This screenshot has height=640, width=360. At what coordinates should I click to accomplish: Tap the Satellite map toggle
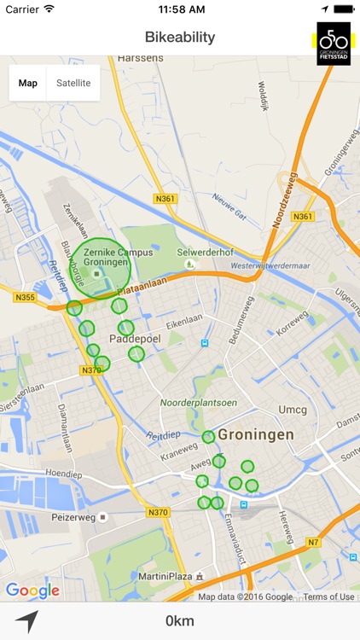(73, 83)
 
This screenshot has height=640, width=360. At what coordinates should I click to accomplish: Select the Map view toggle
(28, 83)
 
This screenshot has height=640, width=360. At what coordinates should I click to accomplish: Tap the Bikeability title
(180, 38)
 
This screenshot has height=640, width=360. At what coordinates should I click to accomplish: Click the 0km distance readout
(180, 620)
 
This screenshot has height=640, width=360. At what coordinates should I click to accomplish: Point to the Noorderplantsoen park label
(199, 403)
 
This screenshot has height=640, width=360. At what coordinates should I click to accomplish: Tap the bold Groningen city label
(256, 434)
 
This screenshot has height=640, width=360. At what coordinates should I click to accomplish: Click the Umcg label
(293, 410)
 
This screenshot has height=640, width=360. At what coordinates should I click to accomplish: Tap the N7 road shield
(313, 543)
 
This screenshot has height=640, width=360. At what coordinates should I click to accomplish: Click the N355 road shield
(24, 297)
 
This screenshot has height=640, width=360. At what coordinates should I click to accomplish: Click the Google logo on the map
(32, 591)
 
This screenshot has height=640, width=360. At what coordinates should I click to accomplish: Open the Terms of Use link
(328, 597)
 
